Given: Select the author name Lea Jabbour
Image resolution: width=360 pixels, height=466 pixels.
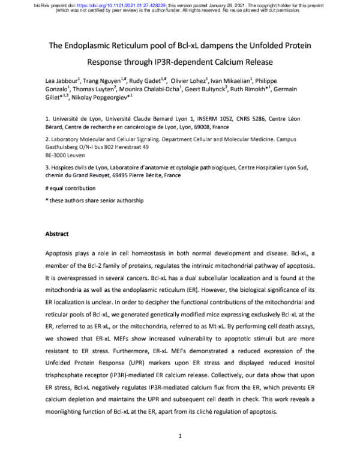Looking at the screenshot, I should [x=63, y=81].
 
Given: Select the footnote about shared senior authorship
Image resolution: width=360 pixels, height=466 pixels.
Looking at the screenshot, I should [x=95, y=200].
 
